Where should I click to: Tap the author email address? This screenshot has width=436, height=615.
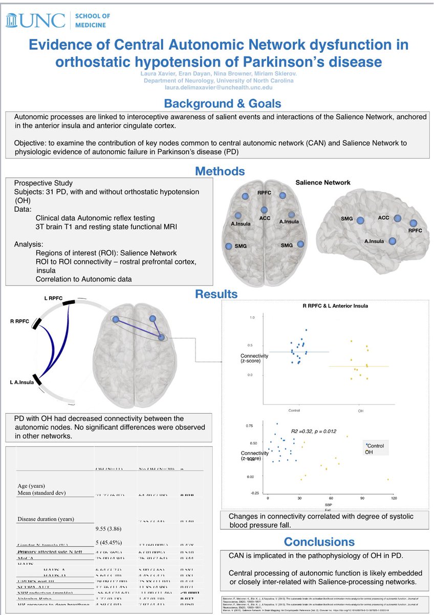coord(218,88)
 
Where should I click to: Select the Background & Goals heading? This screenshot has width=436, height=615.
coord(218,104)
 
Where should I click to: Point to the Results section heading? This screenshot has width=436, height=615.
coord(216,294)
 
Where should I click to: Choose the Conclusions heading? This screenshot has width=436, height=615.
coord(319,541)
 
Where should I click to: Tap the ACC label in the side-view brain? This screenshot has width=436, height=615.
coord(383,218)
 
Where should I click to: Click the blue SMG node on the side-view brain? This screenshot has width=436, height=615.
coord(360,220)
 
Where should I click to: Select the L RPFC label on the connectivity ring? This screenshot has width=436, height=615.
coord(53,298)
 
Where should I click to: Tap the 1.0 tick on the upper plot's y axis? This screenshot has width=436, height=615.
coord(251,318)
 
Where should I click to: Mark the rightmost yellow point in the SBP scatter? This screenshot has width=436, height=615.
coord(388,479)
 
